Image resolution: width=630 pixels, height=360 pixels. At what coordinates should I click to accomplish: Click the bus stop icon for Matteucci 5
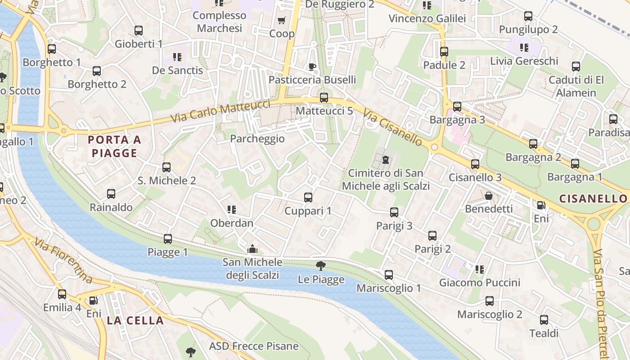pos(324,97)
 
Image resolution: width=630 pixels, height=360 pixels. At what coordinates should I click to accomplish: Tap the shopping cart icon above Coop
pos(282,20)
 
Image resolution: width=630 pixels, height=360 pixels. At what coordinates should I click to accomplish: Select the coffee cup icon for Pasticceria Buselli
pos(312,67)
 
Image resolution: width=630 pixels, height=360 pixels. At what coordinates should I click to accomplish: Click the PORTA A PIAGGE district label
pos(114,146)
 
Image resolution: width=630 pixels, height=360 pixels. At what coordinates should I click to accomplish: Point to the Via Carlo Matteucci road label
pos(220,112)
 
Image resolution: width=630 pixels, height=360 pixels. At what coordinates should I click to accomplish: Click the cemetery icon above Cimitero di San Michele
pos(385,159)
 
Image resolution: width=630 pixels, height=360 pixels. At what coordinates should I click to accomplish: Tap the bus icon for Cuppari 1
pos(308,197)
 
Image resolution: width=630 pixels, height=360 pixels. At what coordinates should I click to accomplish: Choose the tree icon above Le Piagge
pos(320,265)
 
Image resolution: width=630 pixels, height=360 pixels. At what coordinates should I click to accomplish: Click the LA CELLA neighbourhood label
pos(135,320)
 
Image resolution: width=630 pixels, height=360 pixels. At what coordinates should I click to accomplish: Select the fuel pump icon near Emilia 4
pos(93,300)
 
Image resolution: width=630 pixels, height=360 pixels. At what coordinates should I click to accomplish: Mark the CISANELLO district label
pos(593,198)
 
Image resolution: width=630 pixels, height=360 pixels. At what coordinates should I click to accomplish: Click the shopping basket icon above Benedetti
pos(489,196)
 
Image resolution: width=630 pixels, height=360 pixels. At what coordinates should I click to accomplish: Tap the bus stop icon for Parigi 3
pos(394,212)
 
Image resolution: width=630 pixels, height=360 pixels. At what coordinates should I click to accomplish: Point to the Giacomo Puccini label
pos(480,283)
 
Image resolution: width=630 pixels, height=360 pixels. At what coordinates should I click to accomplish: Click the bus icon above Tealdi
pos(544,320)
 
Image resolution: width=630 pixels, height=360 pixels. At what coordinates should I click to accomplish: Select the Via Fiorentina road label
pos(63,261)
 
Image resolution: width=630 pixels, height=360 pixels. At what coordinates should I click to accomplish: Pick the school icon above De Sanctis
pos(177,57)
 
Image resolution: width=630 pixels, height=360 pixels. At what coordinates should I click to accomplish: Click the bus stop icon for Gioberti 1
pos(139,31)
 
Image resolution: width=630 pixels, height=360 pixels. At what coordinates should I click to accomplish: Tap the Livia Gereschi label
pos(524,61)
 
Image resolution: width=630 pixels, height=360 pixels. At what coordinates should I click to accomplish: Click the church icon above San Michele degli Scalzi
pos(252,249)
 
